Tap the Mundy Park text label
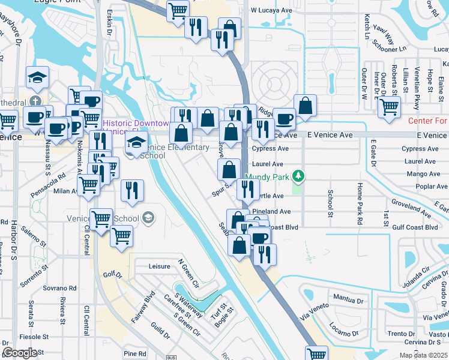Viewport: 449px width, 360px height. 268,176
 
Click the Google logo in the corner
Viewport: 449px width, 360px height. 20,352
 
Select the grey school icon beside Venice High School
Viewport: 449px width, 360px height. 148,217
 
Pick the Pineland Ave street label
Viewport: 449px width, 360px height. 272,212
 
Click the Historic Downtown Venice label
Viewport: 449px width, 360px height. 136,123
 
